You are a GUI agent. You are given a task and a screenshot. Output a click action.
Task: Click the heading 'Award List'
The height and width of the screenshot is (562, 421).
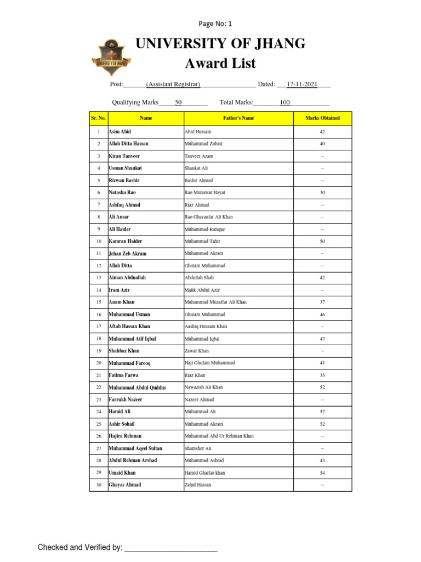(x=220, y=64)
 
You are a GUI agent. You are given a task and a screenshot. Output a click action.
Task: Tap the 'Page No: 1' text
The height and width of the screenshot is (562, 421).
(x=215, y=24)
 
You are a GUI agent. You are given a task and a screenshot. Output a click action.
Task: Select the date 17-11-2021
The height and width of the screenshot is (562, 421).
(x=302, y=85)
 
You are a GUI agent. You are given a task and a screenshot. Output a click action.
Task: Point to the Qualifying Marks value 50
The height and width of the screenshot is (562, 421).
(x=178, y=103)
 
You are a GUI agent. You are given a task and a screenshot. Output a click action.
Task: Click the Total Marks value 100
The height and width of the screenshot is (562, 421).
(x=285, y=103)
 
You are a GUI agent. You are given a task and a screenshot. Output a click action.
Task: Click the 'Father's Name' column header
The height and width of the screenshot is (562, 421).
(x=238, y=118)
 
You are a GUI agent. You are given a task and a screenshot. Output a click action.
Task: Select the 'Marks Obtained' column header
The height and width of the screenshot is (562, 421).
(x=322, y=118)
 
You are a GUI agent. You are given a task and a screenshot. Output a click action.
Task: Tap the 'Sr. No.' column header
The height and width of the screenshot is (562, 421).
(x=99, y=118)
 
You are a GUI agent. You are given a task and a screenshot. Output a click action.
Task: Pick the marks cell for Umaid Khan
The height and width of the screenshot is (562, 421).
(x=322, y=473)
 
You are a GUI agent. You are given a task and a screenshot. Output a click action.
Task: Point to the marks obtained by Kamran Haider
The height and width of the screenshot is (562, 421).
(x=322, y=241)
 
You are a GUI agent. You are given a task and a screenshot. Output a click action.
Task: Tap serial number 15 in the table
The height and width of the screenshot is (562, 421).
(x=99, y=302)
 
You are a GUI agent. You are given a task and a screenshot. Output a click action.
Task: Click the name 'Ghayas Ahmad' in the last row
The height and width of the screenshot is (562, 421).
(x=125, y=485)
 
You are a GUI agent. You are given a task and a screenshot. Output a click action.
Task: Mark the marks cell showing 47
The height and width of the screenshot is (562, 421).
(x=322, y=339)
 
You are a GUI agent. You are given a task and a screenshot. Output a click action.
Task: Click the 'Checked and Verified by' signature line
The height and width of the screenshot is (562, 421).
(x=171, y=548)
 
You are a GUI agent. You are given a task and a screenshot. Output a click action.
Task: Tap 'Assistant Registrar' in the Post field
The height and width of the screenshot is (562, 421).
(x=173, y=85)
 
